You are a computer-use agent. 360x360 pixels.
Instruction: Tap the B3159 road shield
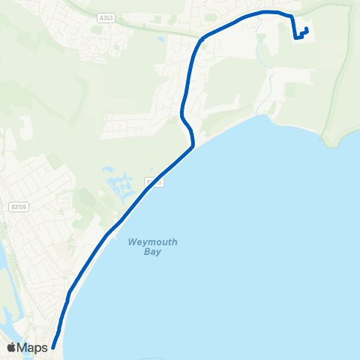[19, 206]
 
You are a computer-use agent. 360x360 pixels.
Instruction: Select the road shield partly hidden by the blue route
[152, 181]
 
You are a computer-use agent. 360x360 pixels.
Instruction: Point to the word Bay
[154, 252]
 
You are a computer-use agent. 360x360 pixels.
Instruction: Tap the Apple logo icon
[11, 347]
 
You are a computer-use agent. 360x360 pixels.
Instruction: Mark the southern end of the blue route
[52, 347]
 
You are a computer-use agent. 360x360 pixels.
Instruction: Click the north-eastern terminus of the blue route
[307, 29]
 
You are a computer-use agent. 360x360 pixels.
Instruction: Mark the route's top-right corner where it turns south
[289, 15]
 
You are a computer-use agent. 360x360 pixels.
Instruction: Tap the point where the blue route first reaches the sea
[194, 147]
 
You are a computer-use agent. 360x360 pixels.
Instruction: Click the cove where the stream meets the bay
[268, 116]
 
